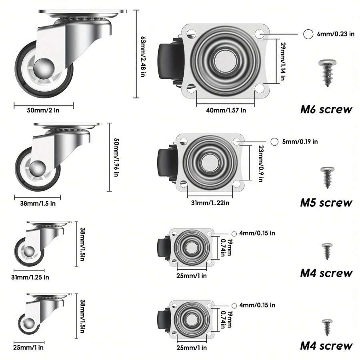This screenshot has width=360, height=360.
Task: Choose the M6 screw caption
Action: point(326,110)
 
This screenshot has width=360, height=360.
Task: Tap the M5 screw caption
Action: point(326,203)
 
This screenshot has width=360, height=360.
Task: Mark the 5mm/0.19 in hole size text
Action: point(300,142)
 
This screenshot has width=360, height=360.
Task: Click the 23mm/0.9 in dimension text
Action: point(260,164)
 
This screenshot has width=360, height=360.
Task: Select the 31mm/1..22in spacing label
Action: point(210,203)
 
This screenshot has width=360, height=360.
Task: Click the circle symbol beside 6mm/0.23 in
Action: point(308,34)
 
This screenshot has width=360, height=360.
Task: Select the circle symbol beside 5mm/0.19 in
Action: point(274,142)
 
